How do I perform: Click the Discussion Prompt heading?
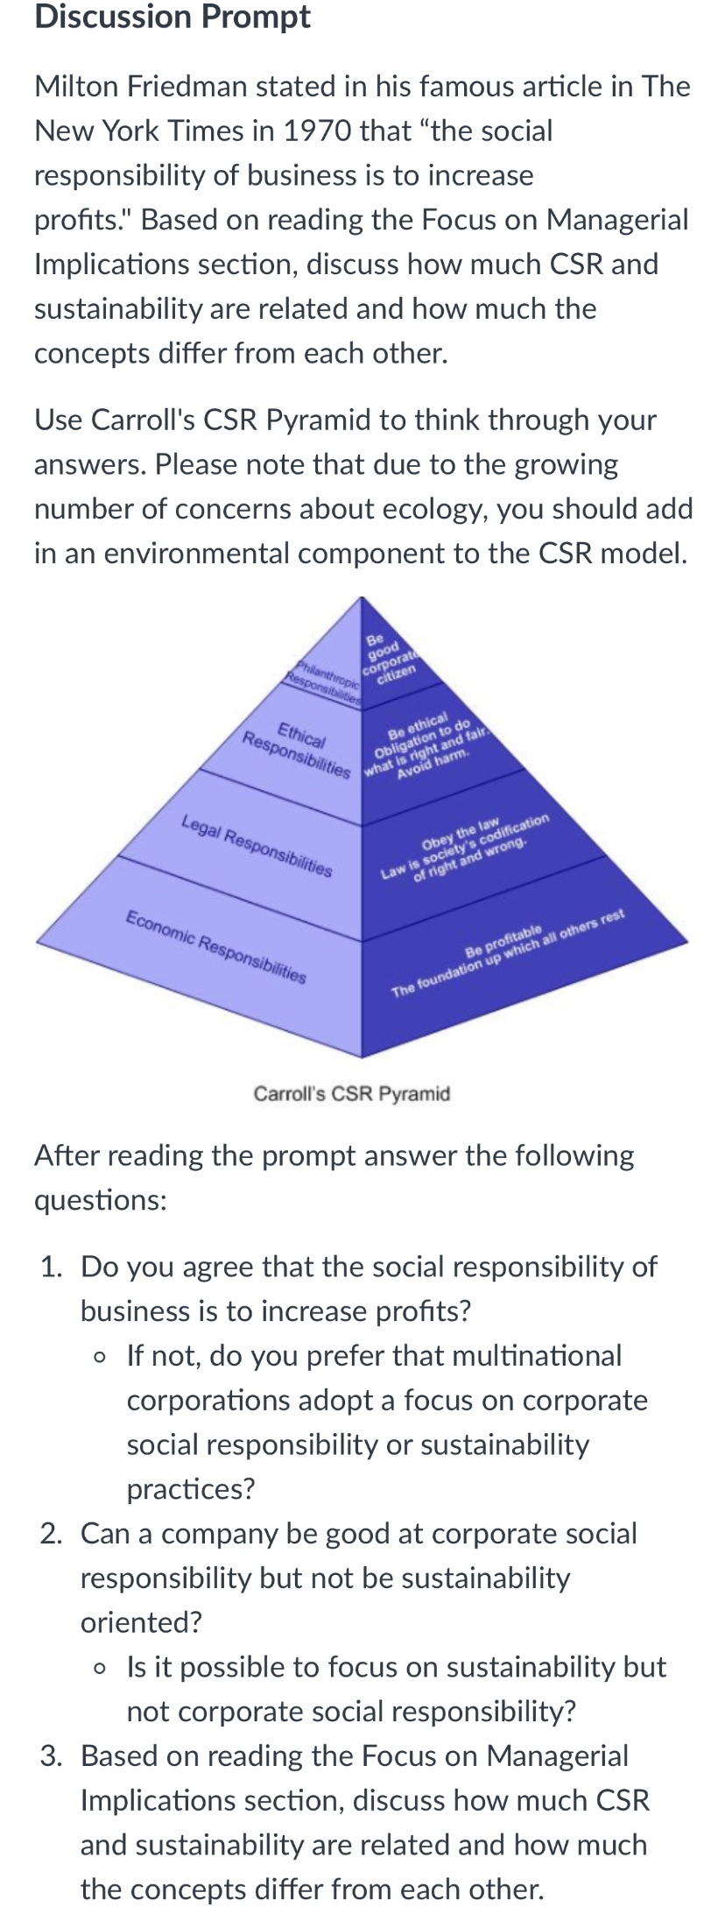point(172,18)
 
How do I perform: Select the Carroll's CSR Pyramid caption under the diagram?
point(351,1093)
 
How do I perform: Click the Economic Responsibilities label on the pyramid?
point(216,947)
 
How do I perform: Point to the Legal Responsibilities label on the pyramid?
point(257,846)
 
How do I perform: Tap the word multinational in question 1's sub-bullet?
point(506,1356)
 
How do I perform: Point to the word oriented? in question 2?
point(141,1622)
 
